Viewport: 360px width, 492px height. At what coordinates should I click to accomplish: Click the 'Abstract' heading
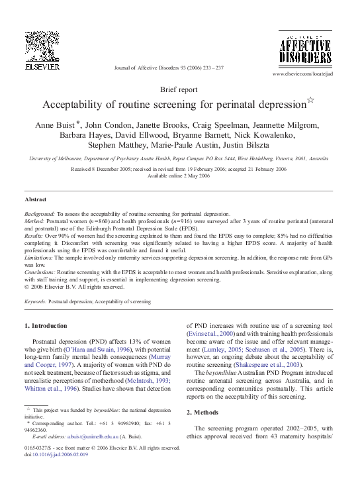[36, 199]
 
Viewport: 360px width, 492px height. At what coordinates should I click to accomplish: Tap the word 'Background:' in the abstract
[39, 215]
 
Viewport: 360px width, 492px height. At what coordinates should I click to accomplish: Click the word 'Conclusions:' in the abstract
[40, 273]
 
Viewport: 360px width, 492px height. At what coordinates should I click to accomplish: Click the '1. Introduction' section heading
[45, 326]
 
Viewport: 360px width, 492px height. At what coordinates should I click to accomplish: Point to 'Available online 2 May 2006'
[179, 175]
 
